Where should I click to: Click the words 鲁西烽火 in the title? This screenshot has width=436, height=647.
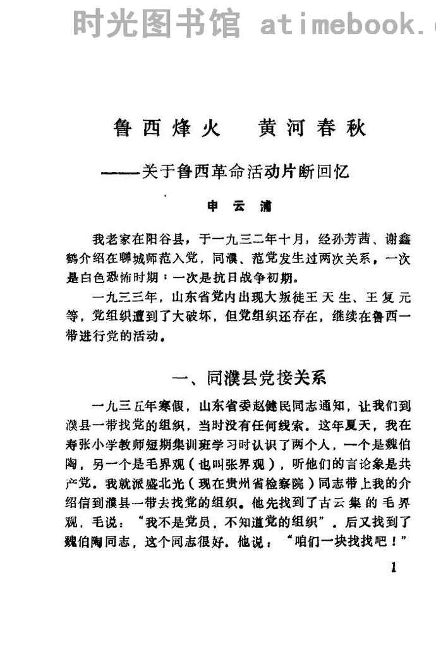tap(167, 128)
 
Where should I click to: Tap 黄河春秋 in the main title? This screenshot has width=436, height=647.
tap(312, 128)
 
